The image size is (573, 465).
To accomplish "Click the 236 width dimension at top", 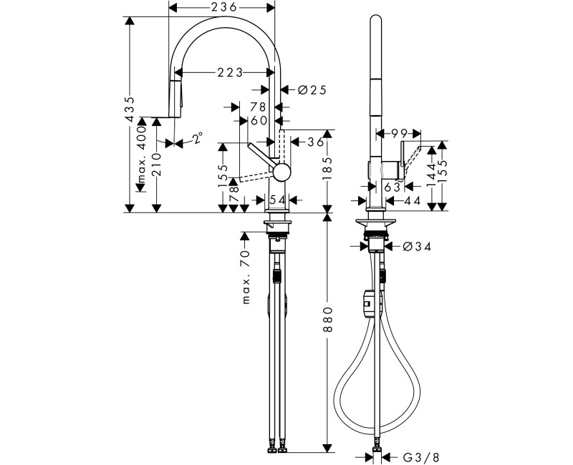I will click(221, 7).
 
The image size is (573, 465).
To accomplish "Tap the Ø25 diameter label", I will click(311, 89).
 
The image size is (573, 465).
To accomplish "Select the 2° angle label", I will click(197, 137).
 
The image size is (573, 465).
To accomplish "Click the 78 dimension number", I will click(258, 107).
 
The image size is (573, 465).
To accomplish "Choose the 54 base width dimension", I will click(277, 198).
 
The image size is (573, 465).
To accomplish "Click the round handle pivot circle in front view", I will click(281, 172).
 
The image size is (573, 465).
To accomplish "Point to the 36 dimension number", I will click(316, 142).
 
